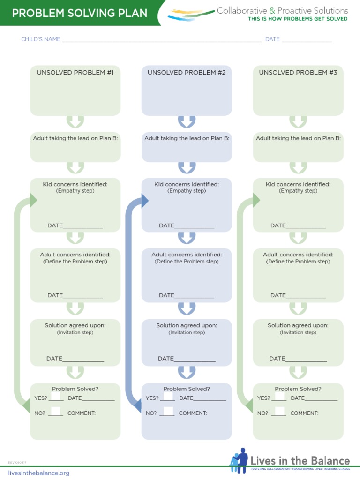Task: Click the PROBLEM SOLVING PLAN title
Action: click(79, 13)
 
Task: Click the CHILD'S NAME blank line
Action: click(162, 41)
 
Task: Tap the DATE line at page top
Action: click(307, 41)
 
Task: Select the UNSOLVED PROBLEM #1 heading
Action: click(75, 73)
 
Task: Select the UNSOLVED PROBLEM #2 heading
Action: click(187, 73)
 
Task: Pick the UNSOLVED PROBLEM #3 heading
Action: click(298, 73)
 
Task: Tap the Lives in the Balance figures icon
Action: click(240, 461)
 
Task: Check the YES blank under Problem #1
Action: click(56, 399)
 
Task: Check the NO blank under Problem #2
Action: click(167, 413)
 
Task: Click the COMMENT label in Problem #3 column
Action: click(304, 413)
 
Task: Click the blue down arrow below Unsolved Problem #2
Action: click(187, 121)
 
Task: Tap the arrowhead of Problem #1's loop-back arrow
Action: click(33, 201)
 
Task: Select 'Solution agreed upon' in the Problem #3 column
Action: click(298, 325)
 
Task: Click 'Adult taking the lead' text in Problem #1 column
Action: click(75, 138)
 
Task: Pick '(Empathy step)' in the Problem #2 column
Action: click(187, 191)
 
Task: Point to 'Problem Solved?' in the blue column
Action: click(187, 389)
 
